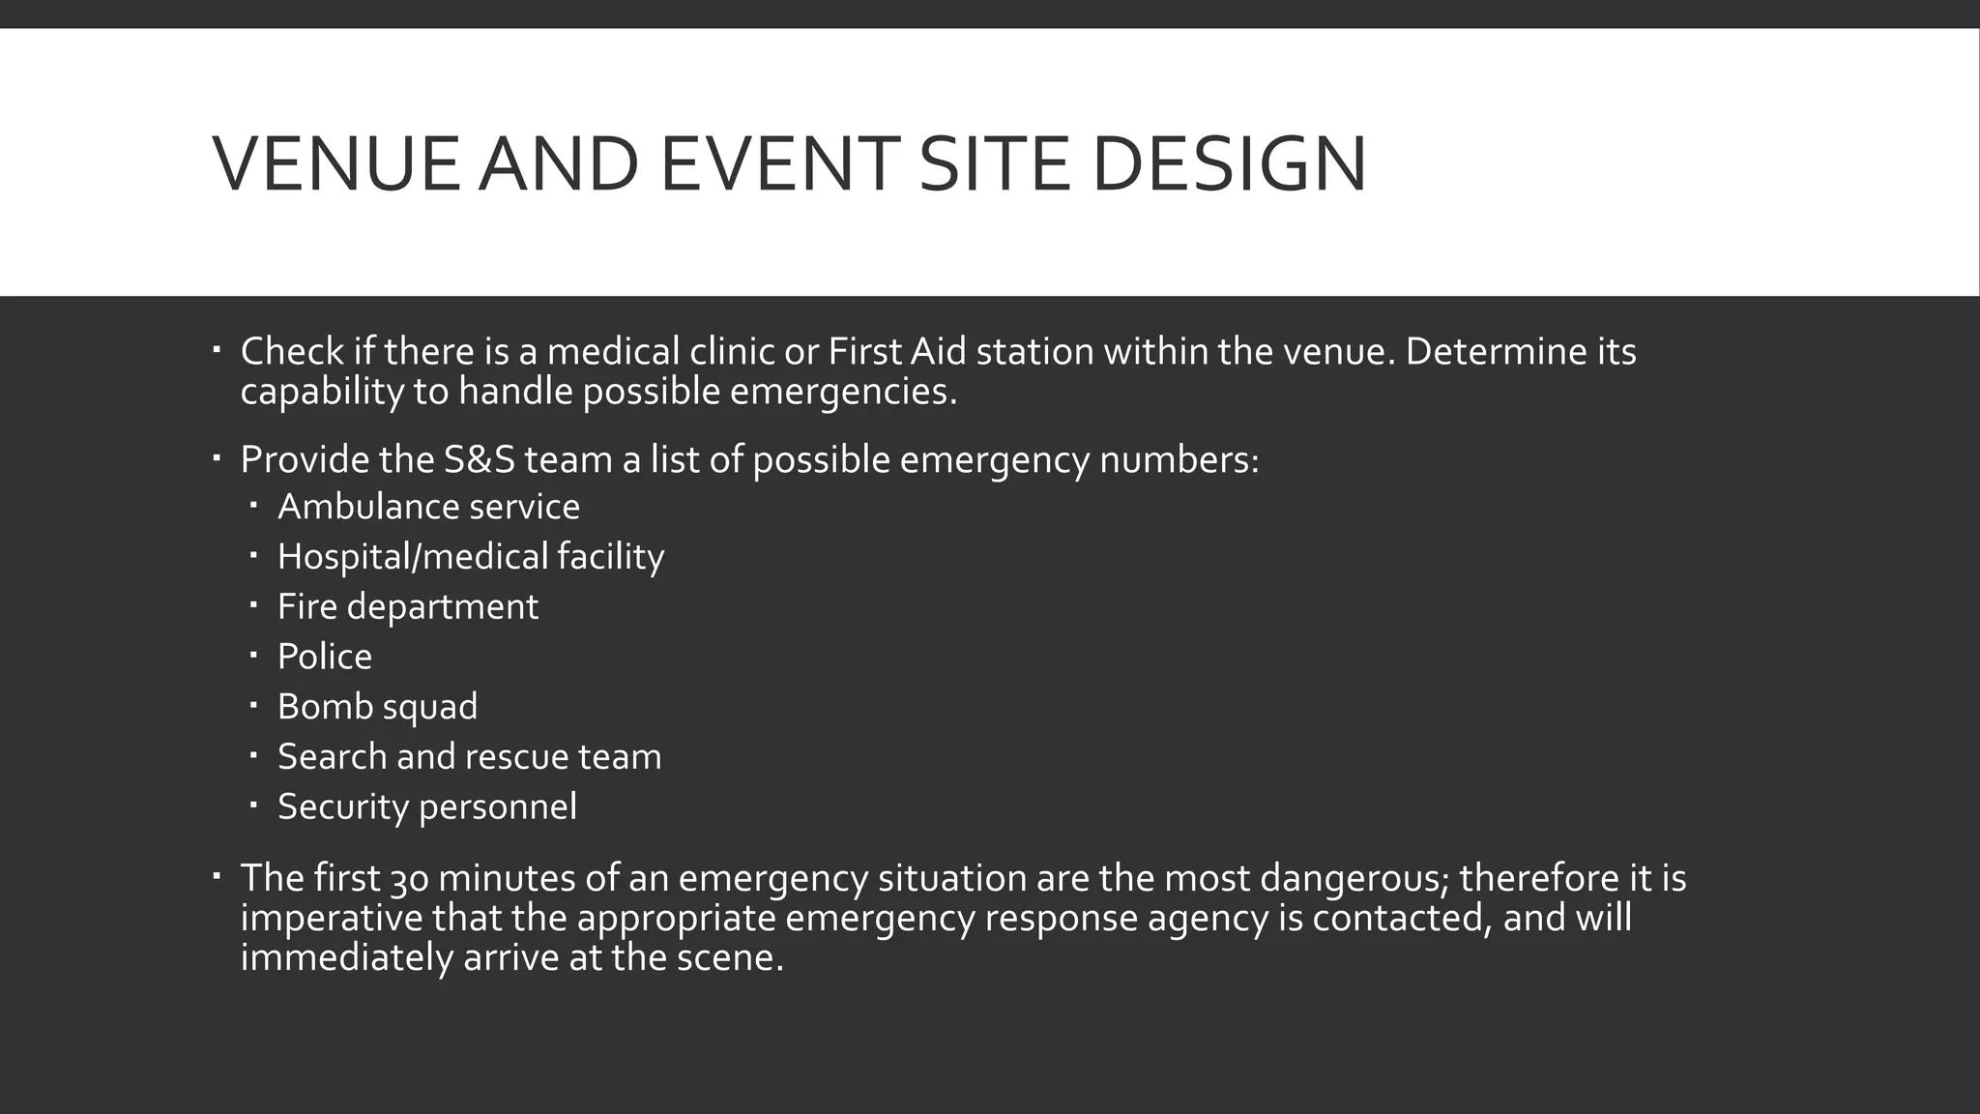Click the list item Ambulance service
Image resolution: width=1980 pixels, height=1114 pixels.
pos(428,507)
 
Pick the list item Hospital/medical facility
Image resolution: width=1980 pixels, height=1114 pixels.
pos(471,557)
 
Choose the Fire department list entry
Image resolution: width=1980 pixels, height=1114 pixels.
pos(407,606)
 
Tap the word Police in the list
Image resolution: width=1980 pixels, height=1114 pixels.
pos(324,657)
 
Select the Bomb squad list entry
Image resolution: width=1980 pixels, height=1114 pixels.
pos(377,707)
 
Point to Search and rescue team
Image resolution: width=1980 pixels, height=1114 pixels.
pos(469,756)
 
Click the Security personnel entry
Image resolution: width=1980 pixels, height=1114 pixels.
pos(426,806)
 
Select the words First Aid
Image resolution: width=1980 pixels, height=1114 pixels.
pos(897,351)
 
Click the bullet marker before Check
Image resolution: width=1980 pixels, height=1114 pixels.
pos(218,346)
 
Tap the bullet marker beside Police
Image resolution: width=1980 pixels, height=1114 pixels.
pos(253,655)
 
